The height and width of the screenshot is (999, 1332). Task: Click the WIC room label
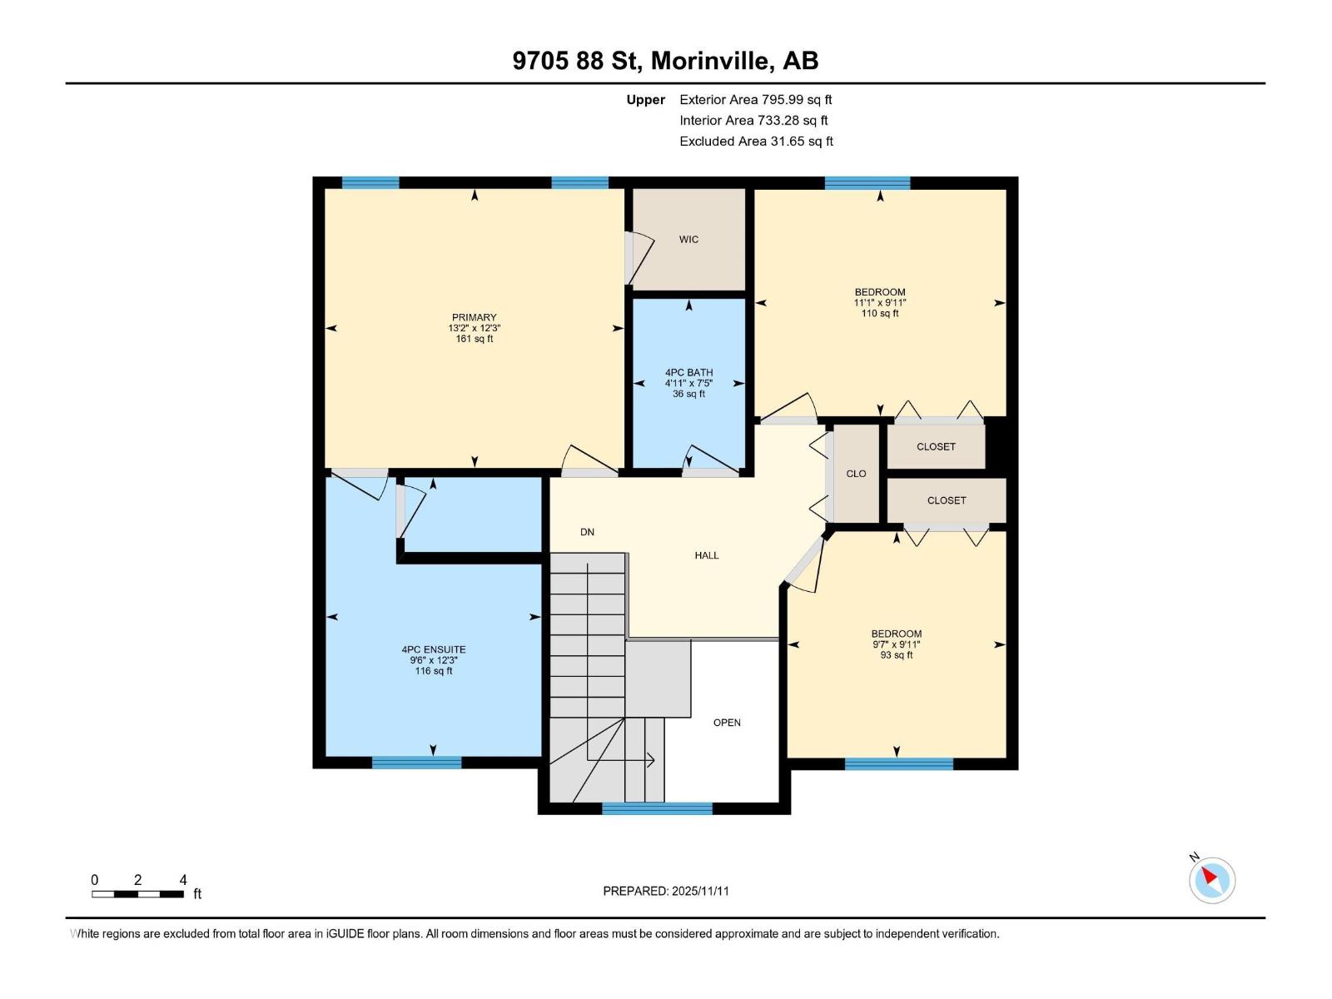688,240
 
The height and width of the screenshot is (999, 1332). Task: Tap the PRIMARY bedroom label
474,317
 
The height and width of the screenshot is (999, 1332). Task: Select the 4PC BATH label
688,373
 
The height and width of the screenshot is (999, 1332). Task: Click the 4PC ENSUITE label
434,649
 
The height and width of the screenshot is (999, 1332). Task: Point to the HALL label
707,555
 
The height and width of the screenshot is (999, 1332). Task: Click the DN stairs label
587,532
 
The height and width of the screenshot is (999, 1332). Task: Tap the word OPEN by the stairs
727,723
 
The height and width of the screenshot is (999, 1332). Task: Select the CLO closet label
856,474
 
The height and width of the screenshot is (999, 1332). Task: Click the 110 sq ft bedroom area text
880,314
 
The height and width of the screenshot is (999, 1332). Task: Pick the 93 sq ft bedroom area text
897,655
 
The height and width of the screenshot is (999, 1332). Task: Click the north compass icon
1211,880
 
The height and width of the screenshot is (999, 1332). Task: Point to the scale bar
137,894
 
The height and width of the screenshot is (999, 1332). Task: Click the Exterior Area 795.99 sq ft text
755,100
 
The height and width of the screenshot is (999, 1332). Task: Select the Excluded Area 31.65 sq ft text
755,142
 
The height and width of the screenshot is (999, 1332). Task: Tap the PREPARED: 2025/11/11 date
666,891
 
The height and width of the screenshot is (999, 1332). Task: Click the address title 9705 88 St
665,61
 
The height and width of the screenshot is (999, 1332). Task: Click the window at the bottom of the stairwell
657,808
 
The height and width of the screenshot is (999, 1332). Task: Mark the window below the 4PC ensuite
416,762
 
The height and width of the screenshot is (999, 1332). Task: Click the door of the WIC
637,258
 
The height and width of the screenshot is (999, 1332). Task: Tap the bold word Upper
645,100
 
